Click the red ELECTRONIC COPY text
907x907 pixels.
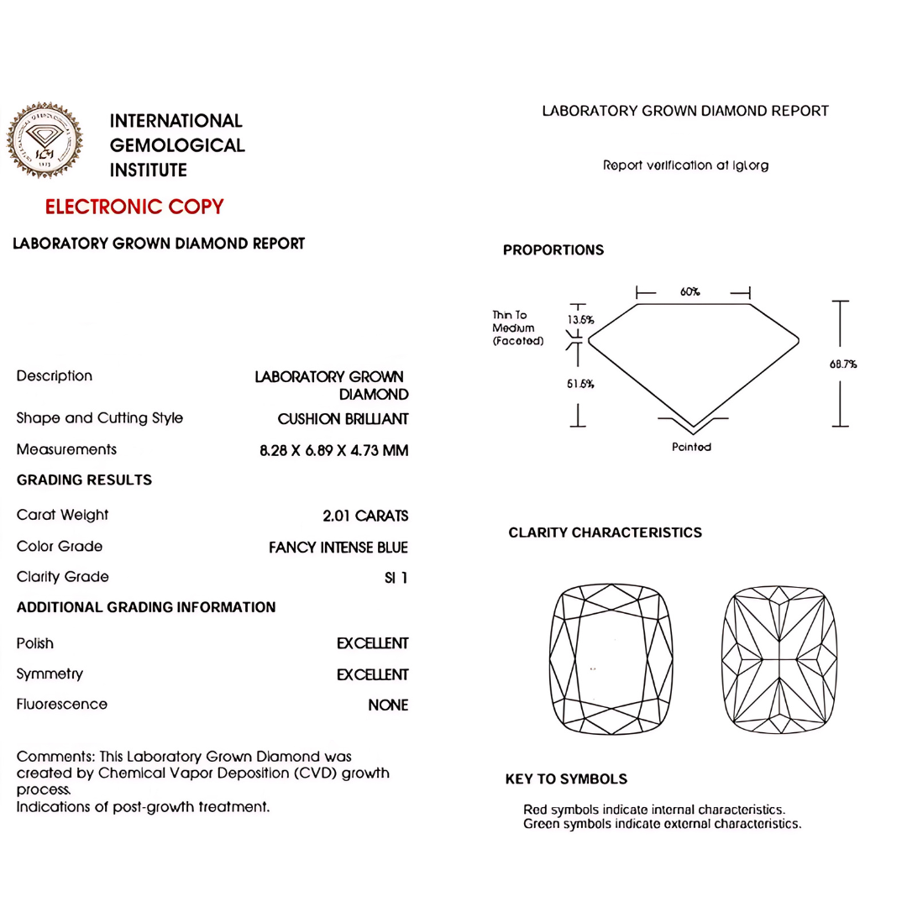[134, 207]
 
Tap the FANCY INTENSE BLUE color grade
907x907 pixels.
[338, 548]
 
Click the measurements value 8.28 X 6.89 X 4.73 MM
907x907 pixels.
[333, 451]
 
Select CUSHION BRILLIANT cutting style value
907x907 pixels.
[343, 419]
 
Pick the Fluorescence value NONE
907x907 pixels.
[388, 705]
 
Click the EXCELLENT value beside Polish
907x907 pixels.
[372, 644]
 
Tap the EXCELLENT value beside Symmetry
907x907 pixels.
[372, 675]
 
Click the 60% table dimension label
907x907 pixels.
[690, 291]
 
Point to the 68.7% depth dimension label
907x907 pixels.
[842, 364]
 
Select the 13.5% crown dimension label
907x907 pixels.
[581, 320]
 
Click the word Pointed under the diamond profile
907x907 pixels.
[691, 447]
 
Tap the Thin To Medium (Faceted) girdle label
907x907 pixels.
[517, 328]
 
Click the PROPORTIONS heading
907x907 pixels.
[553, 250]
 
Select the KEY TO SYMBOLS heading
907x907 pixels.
[566, 779]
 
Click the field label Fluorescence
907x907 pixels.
[62, 705]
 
